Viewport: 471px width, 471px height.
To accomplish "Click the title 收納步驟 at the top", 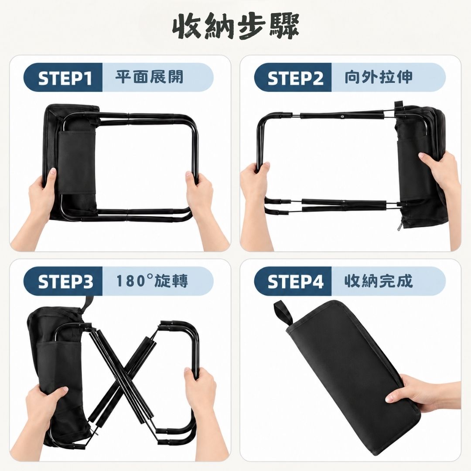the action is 236,27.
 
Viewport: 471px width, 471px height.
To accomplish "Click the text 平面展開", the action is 149,77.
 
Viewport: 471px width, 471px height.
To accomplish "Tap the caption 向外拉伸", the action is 379,77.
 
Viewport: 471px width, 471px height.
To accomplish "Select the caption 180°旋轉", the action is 152,281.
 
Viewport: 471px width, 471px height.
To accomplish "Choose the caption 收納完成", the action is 379,281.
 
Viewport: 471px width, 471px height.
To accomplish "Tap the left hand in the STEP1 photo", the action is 38,204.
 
